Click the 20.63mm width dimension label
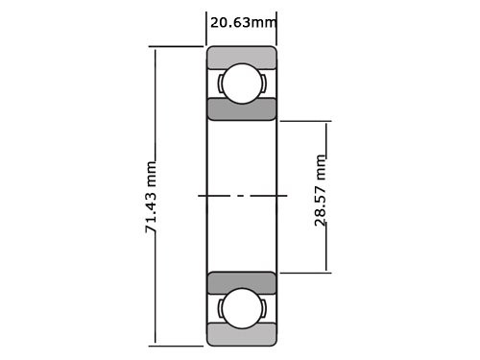[x=243, y=21]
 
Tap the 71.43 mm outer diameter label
[x=151, y=198]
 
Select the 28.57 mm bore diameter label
[x=321, y=189]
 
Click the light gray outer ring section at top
[x=242, y=57]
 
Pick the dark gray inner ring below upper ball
[x=242, y=108]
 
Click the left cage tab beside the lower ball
[x=220, y=308]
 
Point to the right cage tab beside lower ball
[x=263, y=308]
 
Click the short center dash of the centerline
[x=242, y=196]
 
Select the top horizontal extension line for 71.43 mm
[x=178, y=46]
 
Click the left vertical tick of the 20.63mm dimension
[x=207, y=29]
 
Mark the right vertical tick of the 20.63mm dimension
[x=276, y=29]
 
